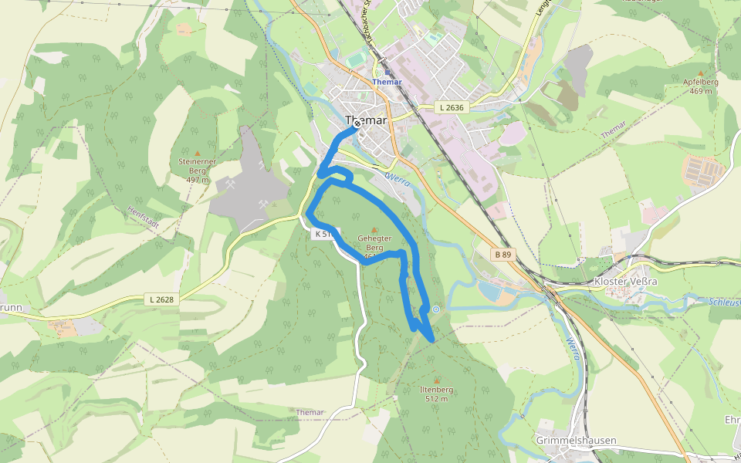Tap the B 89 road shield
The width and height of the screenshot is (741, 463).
[503, 254]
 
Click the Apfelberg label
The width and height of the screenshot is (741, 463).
[700, 82]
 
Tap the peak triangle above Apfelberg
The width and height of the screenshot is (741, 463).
[700, 72]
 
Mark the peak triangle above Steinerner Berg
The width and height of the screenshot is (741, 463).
[197, 153]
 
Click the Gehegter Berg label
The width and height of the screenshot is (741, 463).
[374, 243]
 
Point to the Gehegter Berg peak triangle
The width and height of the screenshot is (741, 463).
[375, 230]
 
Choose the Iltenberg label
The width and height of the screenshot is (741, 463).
[436, 390]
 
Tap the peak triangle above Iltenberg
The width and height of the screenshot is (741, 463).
[437, 380]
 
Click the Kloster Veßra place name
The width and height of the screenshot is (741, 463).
[625, 282]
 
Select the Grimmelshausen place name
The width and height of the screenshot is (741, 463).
[576, 441]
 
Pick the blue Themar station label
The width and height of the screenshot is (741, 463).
[387, 81]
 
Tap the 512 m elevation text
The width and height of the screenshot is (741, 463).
[436, 399]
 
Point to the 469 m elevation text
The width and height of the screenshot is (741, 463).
[700, 91]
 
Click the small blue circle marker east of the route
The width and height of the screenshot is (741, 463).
[436, 309]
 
